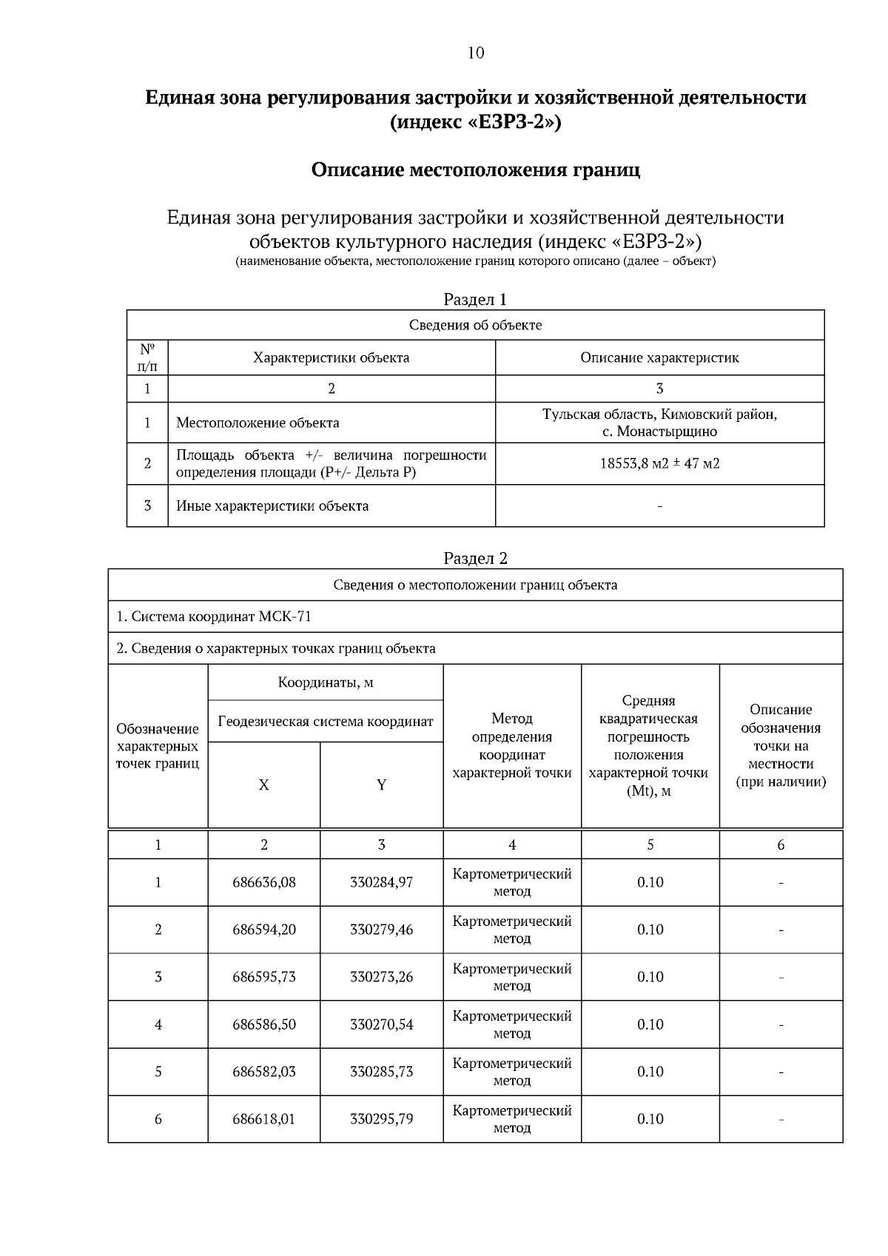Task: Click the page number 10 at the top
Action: click(476, 53)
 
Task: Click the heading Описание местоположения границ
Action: click(475, 170)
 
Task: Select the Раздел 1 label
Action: click(475, 299)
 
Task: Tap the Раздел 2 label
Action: click(475, 558)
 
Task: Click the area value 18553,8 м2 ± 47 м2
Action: click(659, 464)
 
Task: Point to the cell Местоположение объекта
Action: click(258, 423)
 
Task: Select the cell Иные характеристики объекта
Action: click(272, 506)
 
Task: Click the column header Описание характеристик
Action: click(659, 357)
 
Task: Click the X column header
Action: click(263, 785)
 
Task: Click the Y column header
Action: click(381, 785)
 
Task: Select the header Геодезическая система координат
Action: click(326, 721)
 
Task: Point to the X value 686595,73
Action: click(264, 977)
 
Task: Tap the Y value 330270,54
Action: click(381, 1024)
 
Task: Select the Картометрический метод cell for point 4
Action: click(512, 1024)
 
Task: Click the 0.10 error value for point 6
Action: click(650, 1119)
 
